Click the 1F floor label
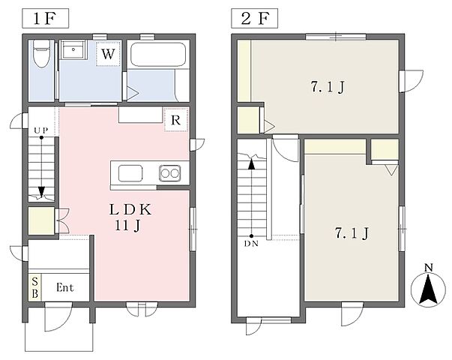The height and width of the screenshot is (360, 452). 45,19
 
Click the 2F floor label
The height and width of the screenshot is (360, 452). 255,19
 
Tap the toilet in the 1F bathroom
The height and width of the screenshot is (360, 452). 41,54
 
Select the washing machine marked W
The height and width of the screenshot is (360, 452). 108,54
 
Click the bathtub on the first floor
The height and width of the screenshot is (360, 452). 157,55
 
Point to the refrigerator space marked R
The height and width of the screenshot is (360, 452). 176,120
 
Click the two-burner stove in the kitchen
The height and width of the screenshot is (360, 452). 170,173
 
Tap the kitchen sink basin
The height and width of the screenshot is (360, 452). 130,173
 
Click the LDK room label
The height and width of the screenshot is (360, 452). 130,210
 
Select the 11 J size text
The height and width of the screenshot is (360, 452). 127,226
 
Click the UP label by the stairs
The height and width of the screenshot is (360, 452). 41,130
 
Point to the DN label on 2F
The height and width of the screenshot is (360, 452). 251,244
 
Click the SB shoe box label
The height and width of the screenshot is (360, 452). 35,287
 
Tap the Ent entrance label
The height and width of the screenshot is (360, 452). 65,287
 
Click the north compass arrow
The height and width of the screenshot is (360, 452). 429,289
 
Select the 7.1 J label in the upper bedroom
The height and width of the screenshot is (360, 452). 328,87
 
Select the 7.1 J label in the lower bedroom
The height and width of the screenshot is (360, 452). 352,233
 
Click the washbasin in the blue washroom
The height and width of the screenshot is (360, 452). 73,49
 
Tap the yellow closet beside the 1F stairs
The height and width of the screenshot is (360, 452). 41,220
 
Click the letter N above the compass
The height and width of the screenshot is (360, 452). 429,268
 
